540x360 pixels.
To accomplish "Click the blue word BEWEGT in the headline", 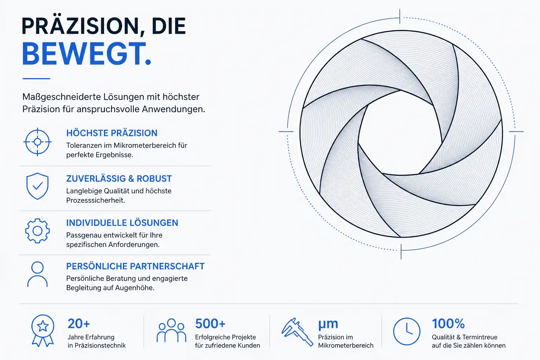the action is point(84,53).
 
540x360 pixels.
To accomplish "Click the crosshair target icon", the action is point(37,142).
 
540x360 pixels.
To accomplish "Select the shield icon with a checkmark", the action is point(37,186).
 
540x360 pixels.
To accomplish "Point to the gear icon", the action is point(37,231).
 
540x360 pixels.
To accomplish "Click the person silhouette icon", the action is point(37,274).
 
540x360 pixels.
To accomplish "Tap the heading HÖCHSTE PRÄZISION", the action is point(112,133).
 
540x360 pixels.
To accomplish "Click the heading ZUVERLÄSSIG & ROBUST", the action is point(119,179).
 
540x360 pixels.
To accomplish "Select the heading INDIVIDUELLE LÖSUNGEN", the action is point(122,223).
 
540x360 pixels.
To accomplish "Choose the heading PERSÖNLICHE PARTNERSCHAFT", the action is point(135,266).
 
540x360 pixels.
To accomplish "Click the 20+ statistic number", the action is point(79,323).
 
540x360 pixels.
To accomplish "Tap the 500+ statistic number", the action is point(210,323).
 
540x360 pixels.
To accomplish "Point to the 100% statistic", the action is point(448,323).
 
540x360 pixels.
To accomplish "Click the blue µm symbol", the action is point(328,324).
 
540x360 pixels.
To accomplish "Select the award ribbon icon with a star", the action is point(43,330).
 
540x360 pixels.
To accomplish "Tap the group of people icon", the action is point(172,330).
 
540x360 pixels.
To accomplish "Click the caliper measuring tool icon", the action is point(297,332).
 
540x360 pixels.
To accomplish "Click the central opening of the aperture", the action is point(400,133).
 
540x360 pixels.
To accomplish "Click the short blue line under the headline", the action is point(37,79).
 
